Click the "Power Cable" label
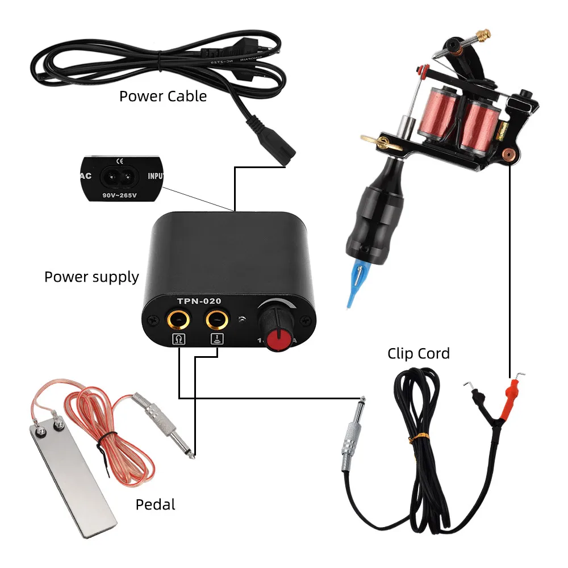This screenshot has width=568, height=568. tap(163, 96)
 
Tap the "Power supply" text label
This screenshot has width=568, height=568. tap(91, 277)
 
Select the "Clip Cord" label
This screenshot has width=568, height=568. tap(418, 353)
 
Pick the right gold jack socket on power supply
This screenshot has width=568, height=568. tap(217, 321)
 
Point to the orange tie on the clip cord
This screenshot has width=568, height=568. tap(421, 437)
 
